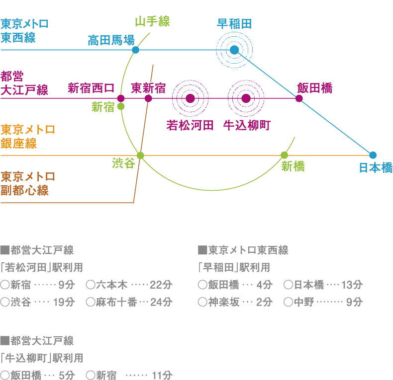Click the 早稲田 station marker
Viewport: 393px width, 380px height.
click(x=234, y=50)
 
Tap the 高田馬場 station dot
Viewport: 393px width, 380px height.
click(x=135, y=50)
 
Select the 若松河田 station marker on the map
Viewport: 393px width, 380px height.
click(x=190, y=98)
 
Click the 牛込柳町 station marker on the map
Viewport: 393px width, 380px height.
click(x=246, y=98)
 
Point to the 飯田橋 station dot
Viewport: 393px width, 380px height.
click(x=299, y=98)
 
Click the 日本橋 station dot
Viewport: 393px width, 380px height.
click(x=373, y=154)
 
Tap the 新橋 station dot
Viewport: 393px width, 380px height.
click(x=284, y=155)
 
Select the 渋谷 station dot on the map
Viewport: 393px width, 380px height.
click(x=140, y=155)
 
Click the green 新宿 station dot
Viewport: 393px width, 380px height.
click(x=121, y=106)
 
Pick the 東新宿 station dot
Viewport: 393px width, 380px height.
click(x=148, y=98)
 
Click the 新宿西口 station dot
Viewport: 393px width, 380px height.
click(x=120, y=98)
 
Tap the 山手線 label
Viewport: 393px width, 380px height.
click(x=153, y=21)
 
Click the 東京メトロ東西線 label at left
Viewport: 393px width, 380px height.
click(x=24, y=31)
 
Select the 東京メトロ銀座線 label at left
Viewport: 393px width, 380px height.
click(x=27, y=137)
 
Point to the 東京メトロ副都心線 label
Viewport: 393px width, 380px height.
click(x=27, y=184)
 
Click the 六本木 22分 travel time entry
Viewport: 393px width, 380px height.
click(x=129, y=285)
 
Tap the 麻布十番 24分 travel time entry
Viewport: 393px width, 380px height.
click(x=129, y=302)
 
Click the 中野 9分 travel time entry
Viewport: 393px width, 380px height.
click(x=323, y=302)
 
